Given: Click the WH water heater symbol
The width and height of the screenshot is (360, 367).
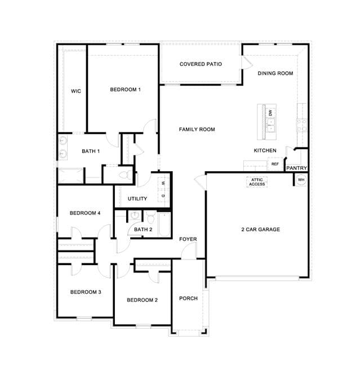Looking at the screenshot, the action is point(301,180).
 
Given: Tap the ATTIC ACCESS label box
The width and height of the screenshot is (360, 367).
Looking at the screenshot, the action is point(257,182).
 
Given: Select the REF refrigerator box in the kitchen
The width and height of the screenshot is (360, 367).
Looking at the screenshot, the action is point(275,164).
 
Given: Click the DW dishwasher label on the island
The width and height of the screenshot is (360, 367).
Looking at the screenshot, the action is point(270,113).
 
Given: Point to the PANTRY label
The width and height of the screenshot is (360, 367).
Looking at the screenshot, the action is point(296,168).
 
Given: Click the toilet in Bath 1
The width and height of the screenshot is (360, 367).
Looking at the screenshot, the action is point(126,174).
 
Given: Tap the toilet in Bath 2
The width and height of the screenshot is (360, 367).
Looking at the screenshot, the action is point(150,218).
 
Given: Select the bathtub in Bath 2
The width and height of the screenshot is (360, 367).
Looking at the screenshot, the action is point(165,225).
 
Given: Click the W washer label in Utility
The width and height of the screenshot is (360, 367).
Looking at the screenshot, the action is point(163,183).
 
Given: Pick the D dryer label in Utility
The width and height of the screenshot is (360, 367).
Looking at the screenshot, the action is point(163,196).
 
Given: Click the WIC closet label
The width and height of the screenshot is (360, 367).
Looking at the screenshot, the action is point(76,91).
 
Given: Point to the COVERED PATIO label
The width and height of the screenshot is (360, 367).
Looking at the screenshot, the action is point(201,64).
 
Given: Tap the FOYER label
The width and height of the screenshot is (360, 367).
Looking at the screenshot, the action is point(188,239).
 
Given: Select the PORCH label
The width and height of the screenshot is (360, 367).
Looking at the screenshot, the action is point(188,298).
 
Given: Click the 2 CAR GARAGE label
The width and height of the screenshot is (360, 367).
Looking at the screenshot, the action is point(261,230).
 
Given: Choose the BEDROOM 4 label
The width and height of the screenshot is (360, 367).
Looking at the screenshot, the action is point(85,213).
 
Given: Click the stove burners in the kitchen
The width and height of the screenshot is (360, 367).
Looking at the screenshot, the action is point(301,125).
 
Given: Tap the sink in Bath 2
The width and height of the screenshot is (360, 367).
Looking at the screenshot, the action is point(135,215).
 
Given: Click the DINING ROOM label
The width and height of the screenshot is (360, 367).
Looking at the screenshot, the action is point(275,73).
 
